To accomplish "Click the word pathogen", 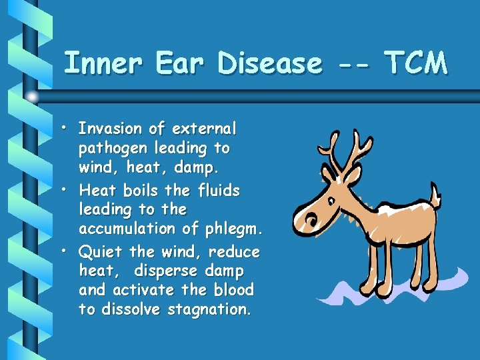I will click(112, 147).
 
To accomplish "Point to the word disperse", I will click(165, 272).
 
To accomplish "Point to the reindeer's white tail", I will click(435, 195).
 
